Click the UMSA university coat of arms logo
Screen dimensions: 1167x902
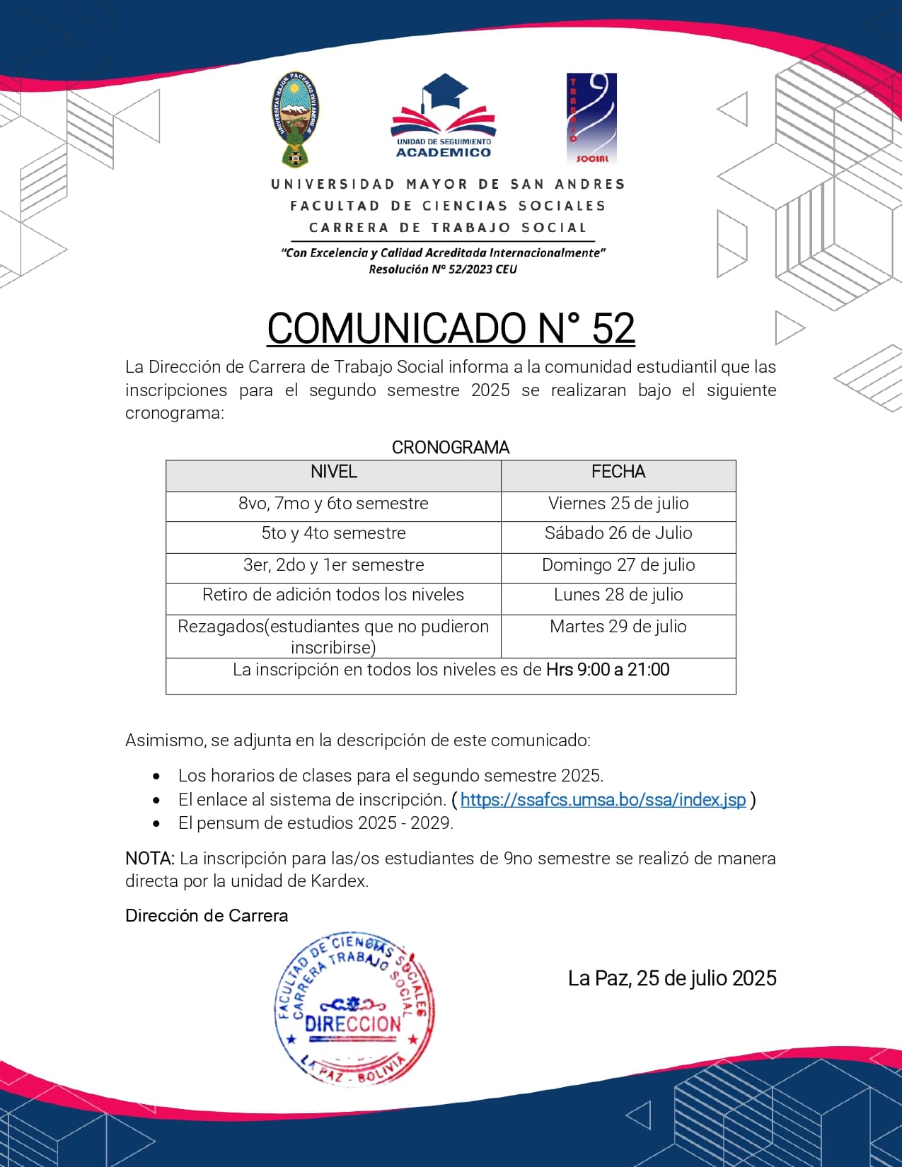[296, 119]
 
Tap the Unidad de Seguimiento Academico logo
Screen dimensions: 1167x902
[444, 117]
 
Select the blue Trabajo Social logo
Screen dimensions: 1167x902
[591, 118]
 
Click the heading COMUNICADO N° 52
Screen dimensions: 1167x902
[451, 328]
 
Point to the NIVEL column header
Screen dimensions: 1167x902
[333, 472]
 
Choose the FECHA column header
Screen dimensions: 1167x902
[618, 472]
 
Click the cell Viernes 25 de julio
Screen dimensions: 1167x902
[618, 504]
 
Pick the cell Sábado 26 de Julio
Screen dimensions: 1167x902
[618, 533]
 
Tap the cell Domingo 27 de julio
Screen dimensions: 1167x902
[618, 565]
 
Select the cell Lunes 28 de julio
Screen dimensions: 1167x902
[618, 595]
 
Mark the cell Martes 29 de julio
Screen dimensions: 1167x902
[618, 627]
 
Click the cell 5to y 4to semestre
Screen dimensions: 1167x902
[333, 533]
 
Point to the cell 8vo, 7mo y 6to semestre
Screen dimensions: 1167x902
[333, 504]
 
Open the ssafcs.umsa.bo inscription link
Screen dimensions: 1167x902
[603, 800]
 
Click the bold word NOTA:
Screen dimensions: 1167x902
[150, 859]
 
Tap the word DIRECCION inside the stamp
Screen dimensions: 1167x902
[353, 1024]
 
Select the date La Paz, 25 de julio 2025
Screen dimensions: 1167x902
[672, 978]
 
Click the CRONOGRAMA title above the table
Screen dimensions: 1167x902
[451, 448]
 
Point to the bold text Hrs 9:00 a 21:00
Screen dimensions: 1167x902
[608, 670]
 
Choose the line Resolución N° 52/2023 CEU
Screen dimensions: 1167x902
[443, 269]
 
